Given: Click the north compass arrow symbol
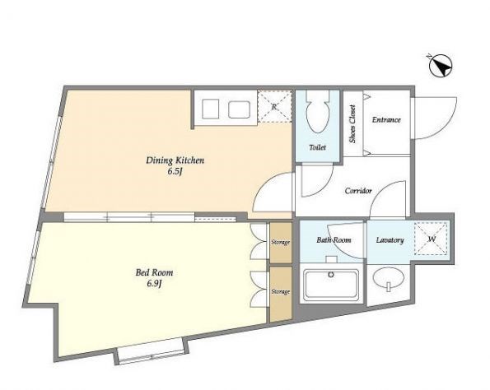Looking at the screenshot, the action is (x=441, y=67).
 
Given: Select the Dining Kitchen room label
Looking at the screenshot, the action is (x=175, y=160).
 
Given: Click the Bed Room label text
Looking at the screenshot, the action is (x=154, y=272).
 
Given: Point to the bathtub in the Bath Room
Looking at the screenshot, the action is (x=331, y=284).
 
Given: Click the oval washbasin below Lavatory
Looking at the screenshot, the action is (x=389, y=277).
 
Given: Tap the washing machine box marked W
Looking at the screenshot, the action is (x=432, y=239).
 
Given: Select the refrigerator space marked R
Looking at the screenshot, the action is (x=274, y=106).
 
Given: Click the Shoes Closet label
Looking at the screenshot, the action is (x=352, y=124).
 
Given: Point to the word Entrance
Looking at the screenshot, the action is (x=386, y=119).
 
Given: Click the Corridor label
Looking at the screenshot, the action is (x=358, y=190).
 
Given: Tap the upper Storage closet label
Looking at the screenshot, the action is (x=281, y=242).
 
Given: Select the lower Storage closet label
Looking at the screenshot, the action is (x=281, y=291).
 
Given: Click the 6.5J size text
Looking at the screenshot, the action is (x=175, y=171).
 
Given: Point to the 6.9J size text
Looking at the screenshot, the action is (x=154, y=284).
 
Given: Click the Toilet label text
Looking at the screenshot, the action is (x=318, y=147).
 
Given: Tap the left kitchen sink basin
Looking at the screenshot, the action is (x=211, y=109).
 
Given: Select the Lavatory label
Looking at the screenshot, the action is (x=390, y=240).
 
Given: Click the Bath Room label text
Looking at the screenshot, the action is (x=334, y=239).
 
